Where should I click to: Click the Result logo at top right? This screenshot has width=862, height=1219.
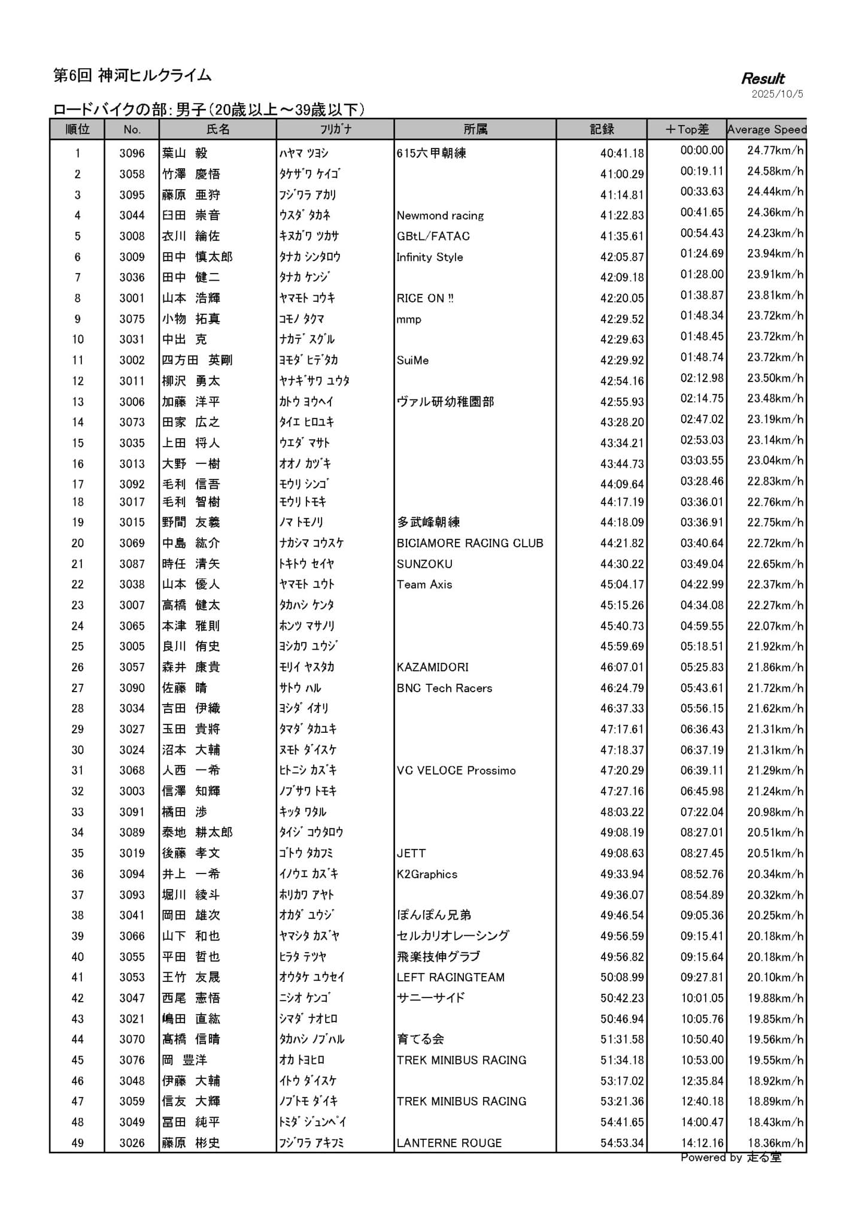763,78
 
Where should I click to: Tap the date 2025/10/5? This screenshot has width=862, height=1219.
777,94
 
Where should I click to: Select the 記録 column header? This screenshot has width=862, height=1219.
601,129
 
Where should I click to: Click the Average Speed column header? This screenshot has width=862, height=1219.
766,129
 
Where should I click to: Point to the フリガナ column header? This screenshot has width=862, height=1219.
335,129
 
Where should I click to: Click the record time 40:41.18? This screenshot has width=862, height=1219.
622,153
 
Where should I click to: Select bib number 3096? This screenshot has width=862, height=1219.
132,153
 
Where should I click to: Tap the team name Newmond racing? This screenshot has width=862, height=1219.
440,216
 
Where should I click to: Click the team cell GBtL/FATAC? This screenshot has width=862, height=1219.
433,236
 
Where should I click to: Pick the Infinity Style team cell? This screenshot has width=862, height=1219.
429,257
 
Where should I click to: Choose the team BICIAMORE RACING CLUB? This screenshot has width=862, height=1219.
470,543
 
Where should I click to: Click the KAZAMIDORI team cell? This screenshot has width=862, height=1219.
432,667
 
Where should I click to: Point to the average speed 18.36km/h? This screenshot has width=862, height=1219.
775,1143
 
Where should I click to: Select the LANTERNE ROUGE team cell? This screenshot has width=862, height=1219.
449,1143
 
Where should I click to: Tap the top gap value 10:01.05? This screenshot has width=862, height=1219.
702,998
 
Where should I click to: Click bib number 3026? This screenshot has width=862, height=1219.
132,1143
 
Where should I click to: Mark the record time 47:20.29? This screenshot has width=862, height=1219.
622,771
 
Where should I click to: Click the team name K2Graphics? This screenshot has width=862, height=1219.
427,874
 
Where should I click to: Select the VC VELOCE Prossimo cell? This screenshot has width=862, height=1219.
456,771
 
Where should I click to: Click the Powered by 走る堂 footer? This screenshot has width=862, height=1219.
730,1157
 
